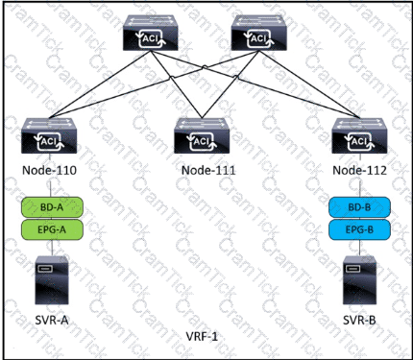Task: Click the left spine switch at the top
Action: tap(151, 33)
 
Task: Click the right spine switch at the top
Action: tap(259, 33)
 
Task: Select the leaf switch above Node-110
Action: tap(49, 135)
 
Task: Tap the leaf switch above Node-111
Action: tap(202, 135)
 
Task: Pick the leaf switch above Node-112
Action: tap(359, 135)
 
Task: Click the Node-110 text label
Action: tap(49, 170)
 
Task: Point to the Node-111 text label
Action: tap(208, 170)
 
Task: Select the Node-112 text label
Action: tap(359, 170)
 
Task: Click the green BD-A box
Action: tap(52, 207)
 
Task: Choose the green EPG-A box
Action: tap(52, 229)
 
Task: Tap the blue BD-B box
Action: tap(359, 207)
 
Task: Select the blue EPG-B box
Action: tap(359, 229)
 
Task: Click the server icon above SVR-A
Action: tap(52, 279)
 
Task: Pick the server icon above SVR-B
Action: tap(359, 279)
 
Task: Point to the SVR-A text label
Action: tap(52, 320)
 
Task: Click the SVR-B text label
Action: tap(359, 320)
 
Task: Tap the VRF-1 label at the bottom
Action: tap(202, 336)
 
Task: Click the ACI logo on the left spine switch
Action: tap(151, 38)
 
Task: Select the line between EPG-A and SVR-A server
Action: tap(52, 248)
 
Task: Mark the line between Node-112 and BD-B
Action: tap(360, 186)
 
